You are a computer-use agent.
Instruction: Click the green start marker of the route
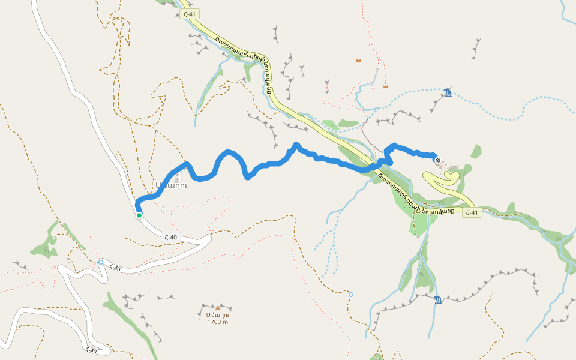pos(139,215)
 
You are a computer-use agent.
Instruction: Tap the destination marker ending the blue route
pos(438,160)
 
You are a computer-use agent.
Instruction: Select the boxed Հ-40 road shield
pos(170,238)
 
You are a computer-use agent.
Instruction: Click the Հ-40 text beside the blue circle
pos(114,268)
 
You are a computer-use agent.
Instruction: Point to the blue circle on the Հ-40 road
pos(101,262)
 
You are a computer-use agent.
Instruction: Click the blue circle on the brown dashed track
pos(351,295)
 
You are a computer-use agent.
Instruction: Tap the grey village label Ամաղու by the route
pos(170,185)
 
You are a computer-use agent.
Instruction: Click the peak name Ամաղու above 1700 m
pos(218,315)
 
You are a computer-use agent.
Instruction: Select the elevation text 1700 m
pos(218,322)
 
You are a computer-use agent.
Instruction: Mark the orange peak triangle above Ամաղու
pos(218,308)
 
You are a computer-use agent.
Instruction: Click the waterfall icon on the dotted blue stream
pos(448,92)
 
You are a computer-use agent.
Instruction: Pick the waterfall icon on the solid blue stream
pos(439,299)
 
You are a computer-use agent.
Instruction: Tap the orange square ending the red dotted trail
pos(385,87)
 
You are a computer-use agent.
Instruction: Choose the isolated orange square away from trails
pos(359,60)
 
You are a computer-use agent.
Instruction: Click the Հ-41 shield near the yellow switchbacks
pos(472,213)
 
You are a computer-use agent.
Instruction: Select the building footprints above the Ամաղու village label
pos(176,178)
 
